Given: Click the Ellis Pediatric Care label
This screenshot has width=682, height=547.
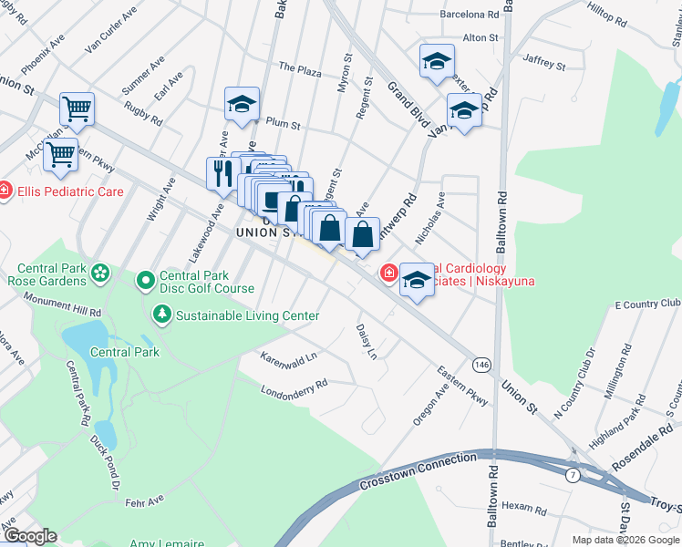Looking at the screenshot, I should [68, 191].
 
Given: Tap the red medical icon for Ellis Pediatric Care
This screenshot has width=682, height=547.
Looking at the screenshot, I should [5, 191].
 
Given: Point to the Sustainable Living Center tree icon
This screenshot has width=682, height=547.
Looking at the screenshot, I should [162, 315].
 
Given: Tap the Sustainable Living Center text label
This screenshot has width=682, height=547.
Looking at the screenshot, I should [247, 315].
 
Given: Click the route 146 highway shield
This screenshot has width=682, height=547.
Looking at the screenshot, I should [480, 365].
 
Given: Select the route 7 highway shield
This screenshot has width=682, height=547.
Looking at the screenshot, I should [572, 475].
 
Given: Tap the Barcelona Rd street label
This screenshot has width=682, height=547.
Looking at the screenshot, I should [470, 15].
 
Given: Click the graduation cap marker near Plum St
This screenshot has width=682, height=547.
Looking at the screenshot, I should [242, 104].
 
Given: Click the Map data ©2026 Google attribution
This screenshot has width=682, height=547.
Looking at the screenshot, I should [625, 540].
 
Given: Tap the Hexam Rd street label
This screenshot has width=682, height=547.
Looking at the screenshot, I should [522, 506].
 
